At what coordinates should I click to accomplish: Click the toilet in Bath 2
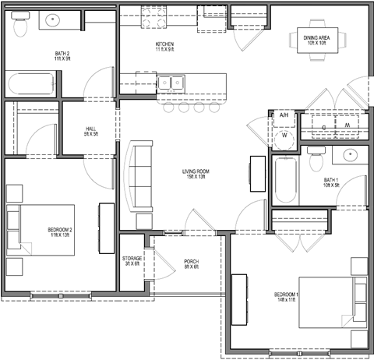point(21,24)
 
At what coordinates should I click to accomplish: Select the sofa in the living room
point(140,175)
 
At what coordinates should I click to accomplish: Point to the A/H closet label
point(284,115)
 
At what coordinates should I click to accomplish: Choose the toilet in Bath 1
point(314,162)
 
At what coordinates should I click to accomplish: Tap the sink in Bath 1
point(349,156)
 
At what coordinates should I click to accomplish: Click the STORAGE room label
point(132,260)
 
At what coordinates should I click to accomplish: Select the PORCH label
point(191,264)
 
